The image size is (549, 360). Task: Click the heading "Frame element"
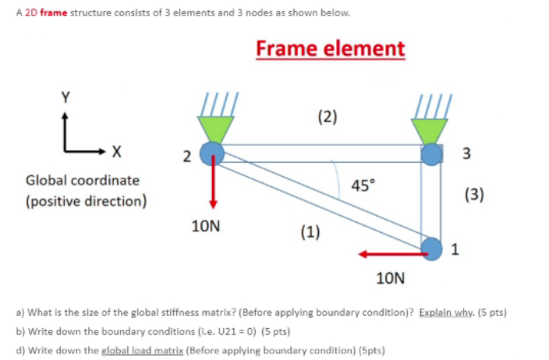331,48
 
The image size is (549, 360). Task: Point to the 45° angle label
362,185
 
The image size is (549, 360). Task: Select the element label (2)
328,118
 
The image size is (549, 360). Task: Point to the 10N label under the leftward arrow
390,277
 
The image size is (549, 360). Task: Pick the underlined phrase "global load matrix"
147,348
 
